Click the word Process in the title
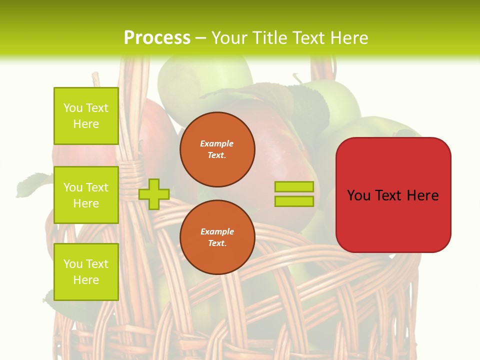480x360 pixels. pyautogui.click(x=157, y=37)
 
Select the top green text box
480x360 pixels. pyautogui.click(x=86, y=116)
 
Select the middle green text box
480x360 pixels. pyautogui.click(x=86, y=195)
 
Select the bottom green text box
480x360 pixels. pyautogui.click(x=86, y=272)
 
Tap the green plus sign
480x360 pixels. pyautogui.click(x=154, y=194)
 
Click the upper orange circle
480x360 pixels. pyautogui.click(x=217, y=149)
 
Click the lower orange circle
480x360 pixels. pyautogui.click(x=217, y=237)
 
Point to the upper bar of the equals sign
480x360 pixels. pyautogui.click(x=294, y=186)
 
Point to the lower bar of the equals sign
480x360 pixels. pyautogui.click(x=294, y=201)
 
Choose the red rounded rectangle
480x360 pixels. pyautogui.click(x=393, y=195)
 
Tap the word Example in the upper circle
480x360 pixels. pyautogui.click(x=217, y=143)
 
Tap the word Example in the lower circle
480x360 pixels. pyautogui.click(x=217, y=231)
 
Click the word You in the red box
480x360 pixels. pyautogui.click(x=359, y=195)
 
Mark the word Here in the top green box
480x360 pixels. pyautogui.click(x=86, y=124)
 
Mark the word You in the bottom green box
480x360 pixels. pyautogui.click(x=73, y=264)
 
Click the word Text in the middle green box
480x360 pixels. pyautogui.click(x=97, y=187)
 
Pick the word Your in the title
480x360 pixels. pyautogui.click(x=228, y=38)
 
